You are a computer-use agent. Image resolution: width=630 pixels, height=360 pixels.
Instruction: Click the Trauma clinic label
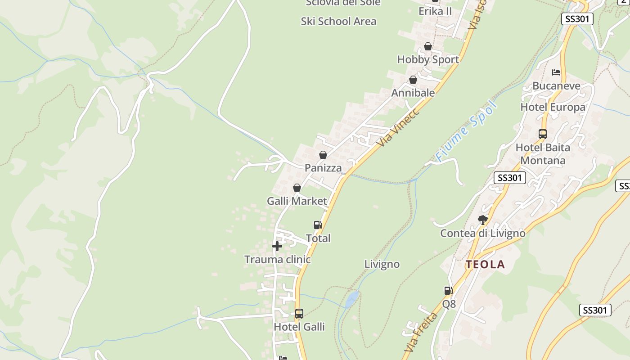(x=277, y=260)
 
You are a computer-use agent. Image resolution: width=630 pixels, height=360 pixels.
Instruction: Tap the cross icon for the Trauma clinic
(x=277, y=246)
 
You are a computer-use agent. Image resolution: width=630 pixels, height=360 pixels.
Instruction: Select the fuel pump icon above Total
(x=318, y=225)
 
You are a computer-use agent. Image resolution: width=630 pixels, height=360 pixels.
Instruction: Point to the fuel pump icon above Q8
(x=448, y=291)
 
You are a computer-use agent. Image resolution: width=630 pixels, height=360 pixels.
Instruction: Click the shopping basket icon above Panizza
(x=323, y=155)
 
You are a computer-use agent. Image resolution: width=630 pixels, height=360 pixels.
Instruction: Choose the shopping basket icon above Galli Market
(x=297, y=188)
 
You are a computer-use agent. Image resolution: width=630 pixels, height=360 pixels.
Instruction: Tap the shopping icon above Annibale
(x=413, y=80)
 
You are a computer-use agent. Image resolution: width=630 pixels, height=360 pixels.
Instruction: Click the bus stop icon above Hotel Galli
(x=299, y=314)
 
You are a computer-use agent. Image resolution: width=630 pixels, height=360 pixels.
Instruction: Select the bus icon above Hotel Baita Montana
(x=542, y=134)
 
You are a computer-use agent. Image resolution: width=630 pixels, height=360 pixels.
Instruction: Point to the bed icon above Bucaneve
(x=556, y=72)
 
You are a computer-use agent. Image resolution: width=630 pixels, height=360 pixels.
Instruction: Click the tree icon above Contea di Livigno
(x=483, y=220)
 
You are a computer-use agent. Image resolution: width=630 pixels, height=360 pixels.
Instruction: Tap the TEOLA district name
(x=485, y=265)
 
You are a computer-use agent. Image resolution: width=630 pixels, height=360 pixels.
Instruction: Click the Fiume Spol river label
(x=467, y=131)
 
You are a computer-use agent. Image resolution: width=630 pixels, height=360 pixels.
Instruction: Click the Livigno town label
(x=382, y=264)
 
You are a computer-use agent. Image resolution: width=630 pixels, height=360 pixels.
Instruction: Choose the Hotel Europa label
(x=553, y=107)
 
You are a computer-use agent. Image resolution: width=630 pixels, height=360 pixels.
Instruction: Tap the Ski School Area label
(x=338, y=21)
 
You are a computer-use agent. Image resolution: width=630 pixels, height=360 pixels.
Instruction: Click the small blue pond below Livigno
(x=352, y=299)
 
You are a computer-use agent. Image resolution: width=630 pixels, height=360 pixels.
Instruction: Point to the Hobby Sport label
(x=428, y=59)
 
